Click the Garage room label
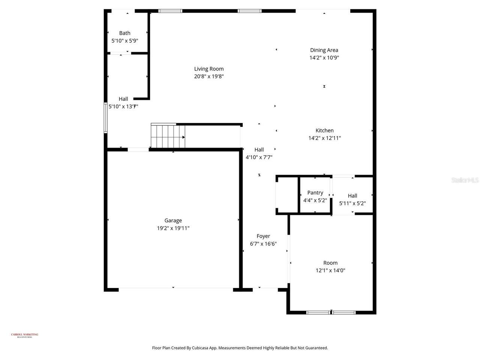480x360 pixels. [x=173, y=220]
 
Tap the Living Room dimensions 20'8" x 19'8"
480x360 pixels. [x=209, y=76]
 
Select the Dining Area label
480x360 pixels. [x=324, y=50]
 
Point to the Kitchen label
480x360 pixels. [x=324, y=130]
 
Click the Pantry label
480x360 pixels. [x=315, y=192]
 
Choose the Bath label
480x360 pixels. [x=125, y=33]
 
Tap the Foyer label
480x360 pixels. [x=263, y=236]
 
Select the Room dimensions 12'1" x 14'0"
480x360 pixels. [x=330, y=270]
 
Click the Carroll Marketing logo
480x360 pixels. [x=24, y=335]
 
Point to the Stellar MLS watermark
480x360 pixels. [x=465, y=180]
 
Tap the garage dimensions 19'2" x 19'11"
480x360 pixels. [x=173, y=228]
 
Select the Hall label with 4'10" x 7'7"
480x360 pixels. [x=259, y=150]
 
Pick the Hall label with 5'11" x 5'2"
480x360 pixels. [x=352, y=195]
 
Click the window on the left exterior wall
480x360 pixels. [x=106, y=118]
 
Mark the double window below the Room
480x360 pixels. [x=331, y=312]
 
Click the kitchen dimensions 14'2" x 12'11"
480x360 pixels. [x=324, y=138]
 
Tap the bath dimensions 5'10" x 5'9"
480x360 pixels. [x=125, y=40]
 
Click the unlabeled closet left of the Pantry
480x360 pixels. [x=287, y=195]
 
